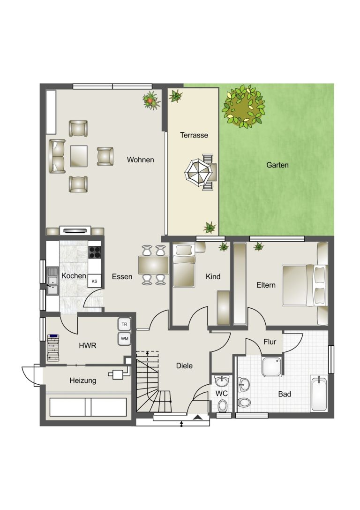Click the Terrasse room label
[194, 135]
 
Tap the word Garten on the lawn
[277, 165]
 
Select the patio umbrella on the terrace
[198, 172]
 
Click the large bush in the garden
[243, 106]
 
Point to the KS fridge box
[94, 281]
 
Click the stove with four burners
[95, 252]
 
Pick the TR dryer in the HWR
[124, 324]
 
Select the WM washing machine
[124, 339]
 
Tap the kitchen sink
[52, 281]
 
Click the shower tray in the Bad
[272, 367]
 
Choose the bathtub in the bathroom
[319, 394]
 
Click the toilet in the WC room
[222, 405]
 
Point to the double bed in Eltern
[304, 286]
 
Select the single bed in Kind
[184, 266]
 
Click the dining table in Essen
[153, 265]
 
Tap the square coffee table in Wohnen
[79, 156]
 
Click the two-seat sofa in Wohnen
[57, 156]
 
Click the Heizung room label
[83, 380]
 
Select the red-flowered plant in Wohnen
[150, 100]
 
